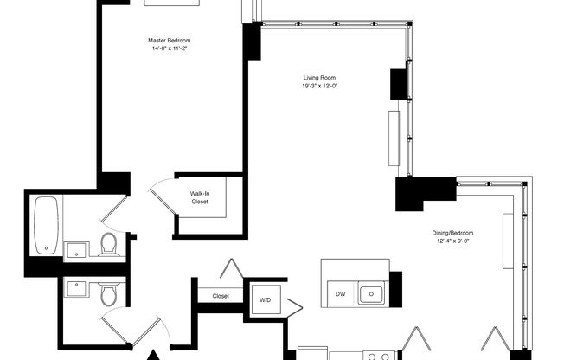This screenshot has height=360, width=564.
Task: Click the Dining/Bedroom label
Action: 452,233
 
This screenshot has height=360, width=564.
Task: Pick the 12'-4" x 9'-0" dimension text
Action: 452,241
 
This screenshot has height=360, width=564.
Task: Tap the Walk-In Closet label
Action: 200,198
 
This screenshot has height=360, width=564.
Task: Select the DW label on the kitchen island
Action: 341,294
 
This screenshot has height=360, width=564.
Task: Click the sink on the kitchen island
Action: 372,294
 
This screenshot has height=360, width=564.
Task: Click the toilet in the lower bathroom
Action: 107,296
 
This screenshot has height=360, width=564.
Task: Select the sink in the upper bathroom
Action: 76,250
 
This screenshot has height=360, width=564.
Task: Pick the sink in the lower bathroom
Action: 75,287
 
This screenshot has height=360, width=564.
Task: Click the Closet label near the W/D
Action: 221,296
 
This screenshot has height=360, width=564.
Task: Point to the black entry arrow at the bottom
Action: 155,354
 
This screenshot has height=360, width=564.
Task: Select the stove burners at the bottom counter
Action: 378,355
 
